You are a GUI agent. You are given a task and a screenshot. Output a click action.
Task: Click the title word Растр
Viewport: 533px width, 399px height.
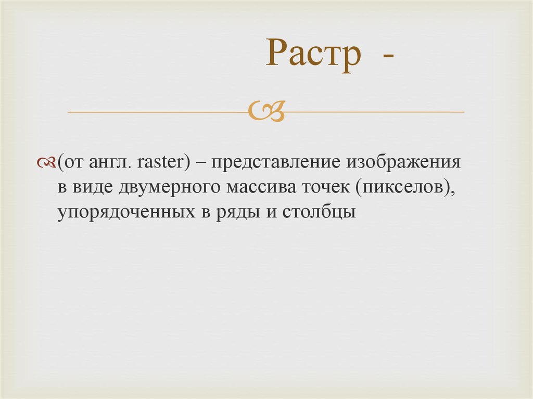[x=313, y=55]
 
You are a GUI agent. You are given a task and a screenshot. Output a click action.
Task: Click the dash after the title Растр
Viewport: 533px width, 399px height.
[x=386, y=57]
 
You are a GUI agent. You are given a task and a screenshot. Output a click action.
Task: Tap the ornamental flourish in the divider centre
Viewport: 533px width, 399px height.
[x=266, y=111]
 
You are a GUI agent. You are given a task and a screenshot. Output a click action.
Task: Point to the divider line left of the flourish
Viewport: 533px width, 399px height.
[x=156, y=112]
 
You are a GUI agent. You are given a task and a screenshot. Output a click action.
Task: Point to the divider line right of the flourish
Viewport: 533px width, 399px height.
[x=375, y=112]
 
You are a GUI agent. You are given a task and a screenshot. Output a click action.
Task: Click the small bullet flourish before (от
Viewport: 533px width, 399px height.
[x=47, y=163]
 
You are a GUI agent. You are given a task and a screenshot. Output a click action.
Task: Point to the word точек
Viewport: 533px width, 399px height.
[x=320, y=188]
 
